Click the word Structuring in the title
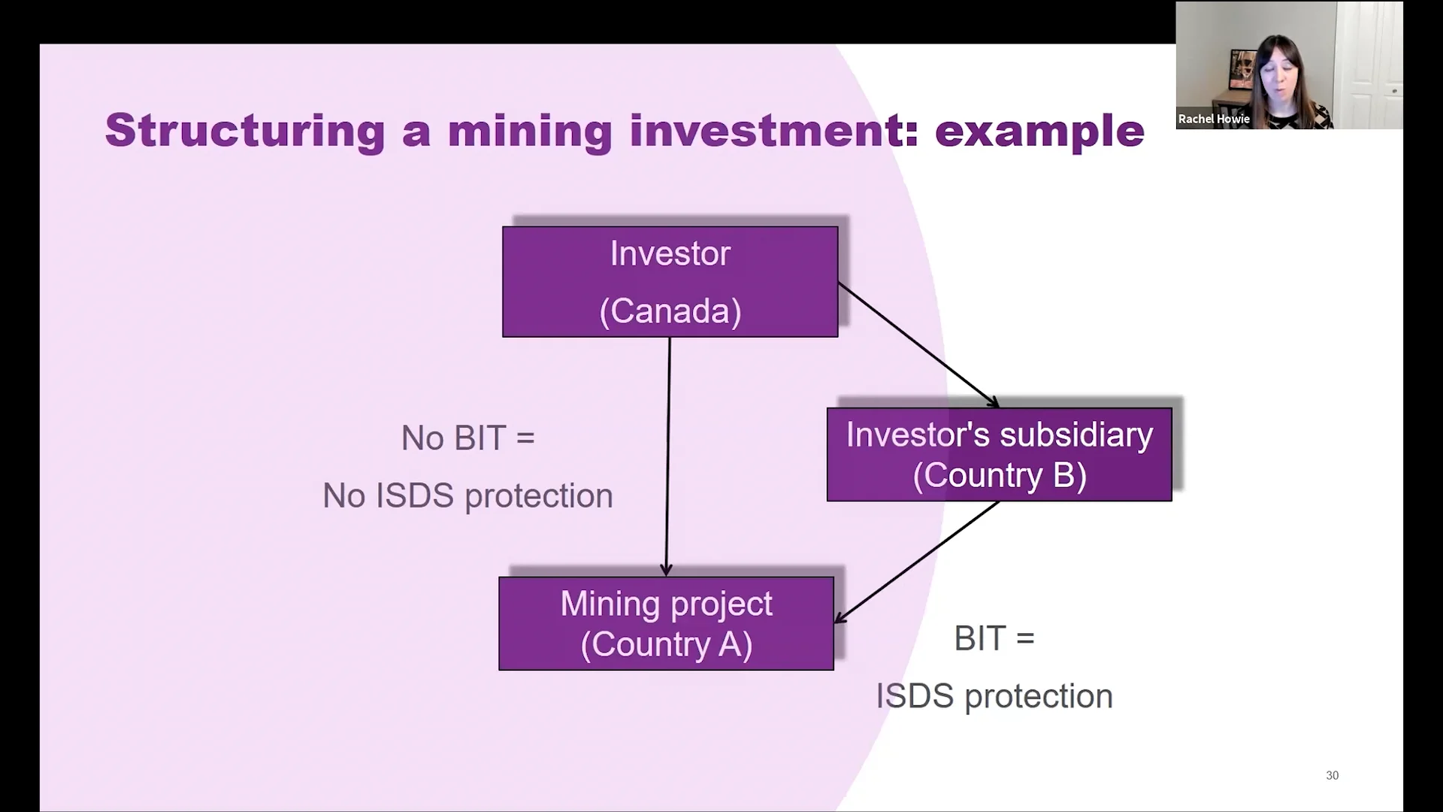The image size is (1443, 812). (x=245, y=131)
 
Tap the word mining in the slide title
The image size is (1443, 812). (x=530, y=131)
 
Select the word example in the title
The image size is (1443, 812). (x=1039, y=132)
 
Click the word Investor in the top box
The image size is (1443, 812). (x=670, y=253)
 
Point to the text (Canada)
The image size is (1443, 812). (x=670, y=311)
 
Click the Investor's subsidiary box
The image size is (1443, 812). (x=999, y=454)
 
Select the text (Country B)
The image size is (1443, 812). (x=999, y=475)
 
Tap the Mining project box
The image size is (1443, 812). (x=666, y=623)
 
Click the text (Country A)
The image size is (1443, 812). (x=666, y=644)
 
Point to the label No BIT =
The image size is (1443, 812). (x=467, y=438)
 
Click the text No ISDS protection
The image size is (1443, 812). (x=467, y=496)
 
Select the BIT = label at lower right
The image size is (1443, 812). (x=994, y=638)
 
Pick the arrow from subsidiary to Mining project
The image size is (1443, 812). (x=917, y=562)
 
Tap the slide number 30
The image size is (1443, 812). (x=1332, y=775)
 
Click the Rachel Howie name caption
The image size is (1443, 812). (x=1213, y=119)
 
